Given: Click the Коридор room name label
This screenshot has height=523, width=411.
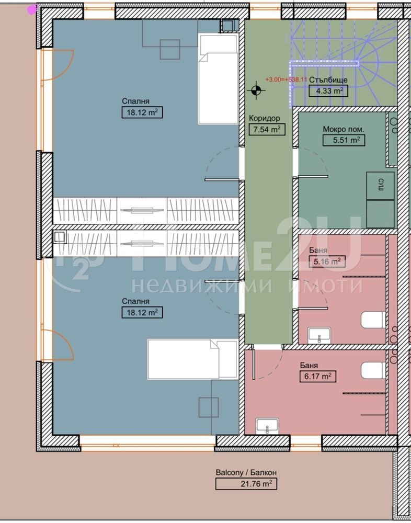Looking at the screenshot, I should [x=265, y=118].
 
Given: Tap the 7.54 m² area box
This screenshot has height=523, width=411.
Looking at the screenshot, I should [x=267, y=129].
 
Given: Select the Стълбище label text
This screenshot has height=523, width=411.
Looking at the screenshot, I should [x=328, y=81].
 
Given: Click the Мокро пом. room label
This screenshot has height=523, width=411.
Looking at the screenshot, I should [x=343, y=129].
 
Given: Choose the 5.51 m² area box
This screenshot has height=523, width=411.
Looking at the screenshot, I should [x=344, y=140].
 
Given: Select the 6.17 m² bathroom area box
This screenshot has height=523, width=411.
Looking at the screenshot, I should [x=317, y=376].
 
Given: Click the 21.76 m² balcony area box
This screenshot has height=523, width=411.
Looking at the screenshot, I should [x=246, y=484].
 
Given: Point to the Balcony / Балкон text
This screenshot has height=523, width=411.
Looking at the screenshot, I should [x=246, y=472].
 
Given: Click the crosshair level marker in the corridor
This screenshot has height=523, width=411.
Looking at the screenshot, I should [x=256, y=90].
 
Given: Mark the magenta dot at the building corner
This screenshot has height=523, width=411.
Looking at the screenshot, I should [x=32, y=8].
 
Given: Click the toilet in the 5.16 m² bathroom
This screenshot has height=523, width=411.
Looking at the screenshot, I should [x=373, y=320].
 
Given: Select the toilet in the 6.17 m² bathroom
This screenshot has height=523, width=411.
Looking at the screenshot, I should [x=373, y=370].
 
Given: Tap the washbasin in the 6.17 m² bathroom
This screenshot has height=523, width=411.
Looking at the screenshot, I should [x=267, y=426].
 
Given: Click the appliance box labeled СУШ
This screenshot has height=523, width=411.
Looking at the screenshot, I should [x=380, y=185].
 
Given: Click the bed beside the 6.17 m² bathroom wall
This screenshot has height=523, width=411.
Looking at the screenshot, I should [x=191, y=359].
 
